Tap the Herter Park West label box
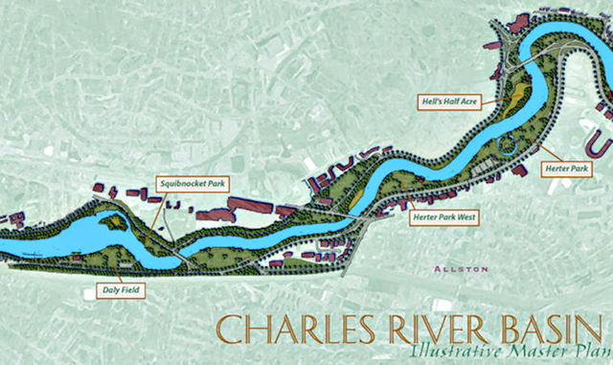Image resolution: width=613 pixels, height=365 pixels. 443,217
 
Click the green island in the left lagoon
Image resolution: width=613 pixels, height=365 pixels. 112,222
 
